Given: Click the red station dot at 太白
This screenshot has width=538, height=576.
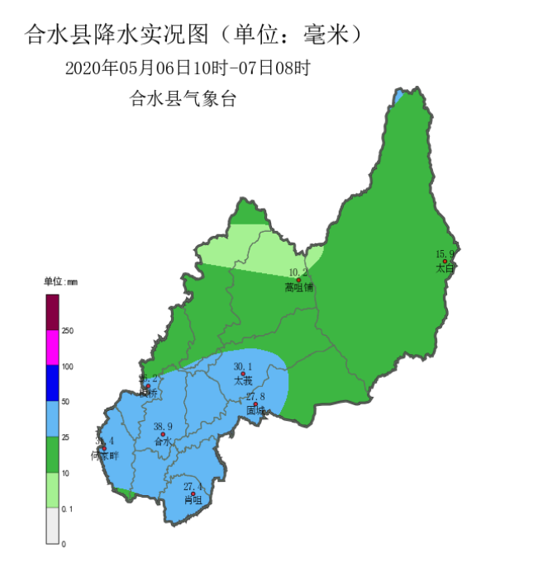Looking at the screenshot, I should (x=445, y=261).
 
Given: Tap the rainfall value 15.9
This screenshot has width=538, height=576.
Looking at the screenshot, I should (x=445, y=253).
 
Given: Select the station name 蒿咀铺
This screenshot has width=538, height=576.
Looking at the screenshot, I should (x=298, y=287).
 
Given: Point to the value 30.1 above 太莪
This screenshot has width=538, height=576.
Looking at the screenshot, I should (x=243, y=366).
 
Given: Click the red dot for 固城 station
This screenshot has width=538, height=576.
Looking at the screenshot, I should (x=255, y=404).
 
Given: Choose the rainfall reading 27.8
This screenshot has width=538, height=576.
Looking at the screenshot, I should (x=255, y=396).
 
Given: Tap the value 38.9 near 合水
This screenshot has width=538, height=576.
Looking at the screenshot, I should (x=163, y=426).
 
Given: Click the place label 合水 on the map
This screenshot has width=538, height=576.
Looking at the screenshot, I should (x=163, y=441).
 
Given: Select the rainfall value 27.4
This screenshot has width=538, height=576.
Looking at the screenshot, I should (x=193, y=485).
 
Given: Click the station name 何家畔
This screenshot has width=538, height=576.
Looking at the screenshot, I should (x=105, y=456).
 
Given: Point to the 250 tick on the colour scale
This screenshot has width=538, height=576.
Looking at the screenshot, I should (x=68, y=331).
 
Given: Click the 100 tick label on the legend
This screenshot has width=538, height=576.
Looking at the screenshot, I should (x=68, y=366).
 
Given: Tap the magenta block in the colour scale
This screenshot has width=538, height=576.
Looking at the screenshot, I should (x=53, y=347).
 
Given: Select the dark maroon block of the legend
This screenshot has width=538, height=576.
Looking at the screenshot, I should (x=53, y=312).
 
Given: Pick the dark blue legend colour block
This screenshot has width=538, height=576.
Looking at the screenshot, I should (x=53, y=384).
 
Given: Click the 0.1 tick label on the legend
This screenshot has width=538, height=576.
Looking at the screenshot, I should (x=67, y=509).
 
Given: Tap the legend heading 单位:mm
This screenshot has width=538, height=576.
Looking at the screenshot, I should (x=60, y=282).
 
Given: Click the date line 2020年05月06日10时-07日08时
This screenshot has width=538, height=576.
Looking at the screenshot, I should (x=188, y=68).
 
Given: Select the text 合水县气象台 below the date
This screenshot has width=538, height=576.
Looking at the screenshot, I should (x=183, y=99).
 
